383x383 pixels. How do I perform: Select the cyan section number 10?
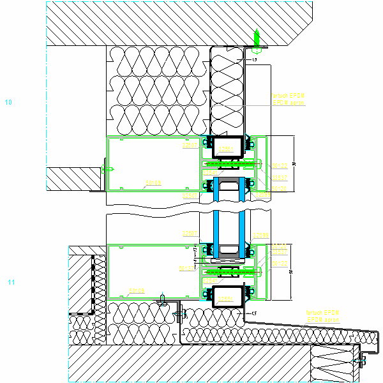point(8,101)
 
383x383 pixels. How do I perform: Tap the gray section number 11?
point(10,282)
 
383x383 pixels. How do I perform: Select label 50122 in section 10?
point(280,166)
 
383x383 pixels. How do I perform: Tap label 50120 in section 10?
point(280,188)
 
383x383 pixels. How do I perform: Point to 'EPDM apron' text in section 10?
point(288,102)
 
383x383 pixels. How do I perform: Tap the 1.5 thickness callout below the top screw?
point(254,59)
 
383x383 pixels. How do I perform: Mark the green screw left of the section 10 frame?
point(109,169)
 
